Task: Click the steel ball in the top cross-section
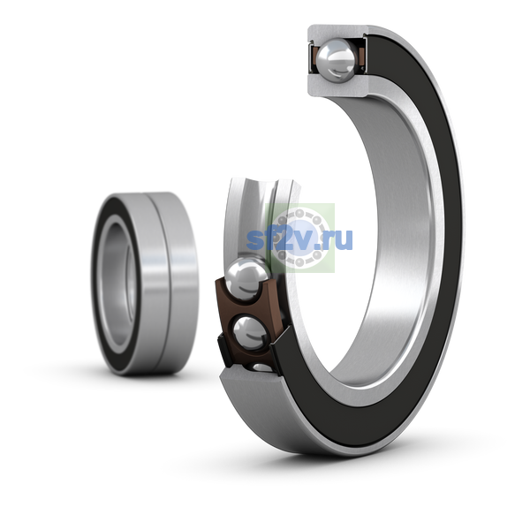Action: [337, 60]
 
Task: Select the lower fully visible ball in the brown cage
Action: [250, 333]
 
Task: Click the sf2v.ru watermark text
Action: [299, 238]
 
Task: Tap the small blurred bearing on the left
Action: [145, 284]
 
